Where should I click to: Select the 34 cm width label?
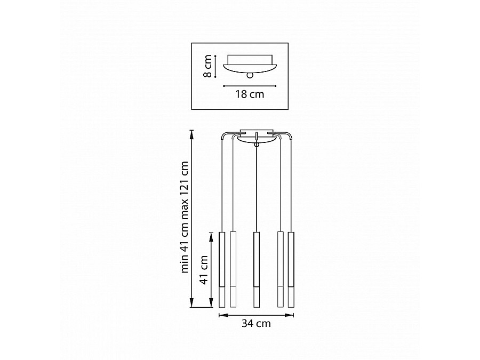257,323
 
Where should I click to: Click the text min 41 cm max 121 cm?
185,217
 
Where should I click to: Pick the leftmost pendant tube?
222,269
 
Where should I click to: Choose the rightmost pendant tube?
291,269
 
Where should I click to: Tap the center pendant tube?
257,269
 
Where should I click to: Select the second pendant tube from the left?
233,269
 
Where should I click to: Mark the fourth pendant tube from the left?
281,269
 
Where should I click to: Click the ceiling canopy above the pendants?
257,135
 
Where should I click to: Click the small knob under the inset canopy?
249,76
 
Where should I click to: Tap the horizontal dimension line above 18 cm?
249,85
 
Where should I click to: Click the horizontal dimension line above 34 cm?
257,315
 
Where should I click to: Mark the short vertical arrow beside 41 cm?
211,270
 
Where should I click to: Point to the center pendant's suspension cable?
257,187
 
